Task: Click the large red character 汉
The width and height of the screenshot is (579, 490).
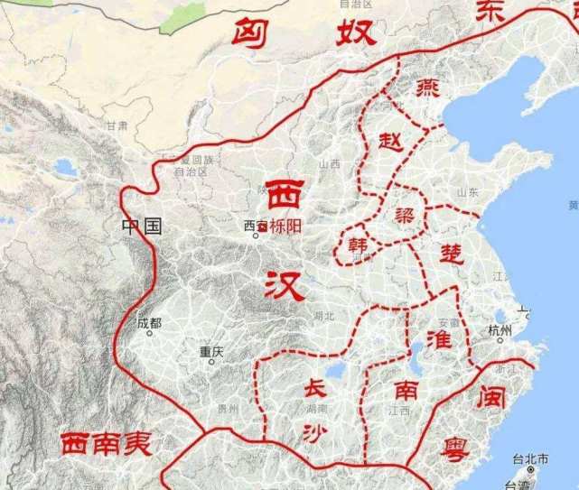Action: pyautogui.click(x=285, y=285)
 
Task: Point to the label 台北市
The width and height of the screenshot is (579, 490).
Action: pyautogui.click(x=530, y=459)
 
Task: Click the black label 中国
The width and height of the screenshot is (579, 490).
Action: pyautogui.click(x=142, y=226)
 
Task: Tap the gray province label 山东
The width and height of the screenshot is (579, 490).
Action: pyautogui.click(x=468, y=192)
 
